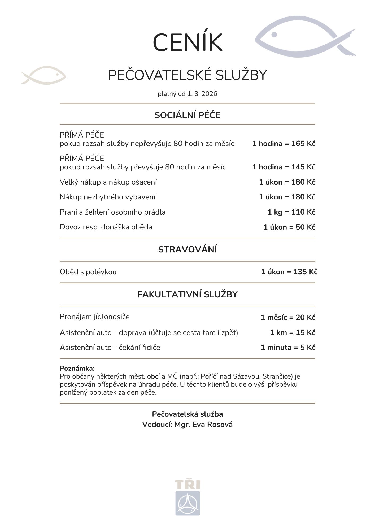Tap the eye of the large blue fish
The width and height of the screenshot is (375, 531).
pyautogui.click(x=274, y=35)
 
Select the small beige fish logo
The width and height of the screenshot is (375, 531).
pyautogui.click(x=43, y=75)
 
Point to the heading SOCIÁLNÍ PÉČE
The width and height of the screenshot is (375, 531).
pyautogui.click(x=187, y=115)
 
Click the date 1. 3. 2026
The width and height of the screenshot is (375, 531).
pyautogui.click(x=202, y=94)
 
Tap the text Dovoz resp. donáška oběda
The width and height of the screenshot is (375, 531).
pyautogui.click(x=106, y=227)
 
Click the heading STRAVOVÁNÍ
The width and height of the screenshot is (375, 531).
pyautogui.click(x=187, y=250)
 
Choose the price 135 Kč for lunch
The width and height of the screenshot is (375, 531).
pyautogui.click(x=305, y=272)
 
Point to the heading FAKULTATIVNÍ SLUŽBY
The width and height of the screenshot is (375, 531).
pyautogui.click(x=187, y=294)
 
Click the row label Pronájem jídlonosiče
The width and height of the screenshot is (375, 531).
pyautogui.click(x=95, y=317)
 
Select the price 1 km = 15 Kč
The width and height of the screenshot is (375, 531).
pyautogui.click(x=293, y=333)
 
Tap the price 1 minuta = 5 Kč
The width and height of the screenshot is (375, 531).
pyautogui.click(x=288, y=348)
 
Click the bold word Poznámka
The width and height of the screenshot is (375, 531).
pyautogui.click(x=77, y=368)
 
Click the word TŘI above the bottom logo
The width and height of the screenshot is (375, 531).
pyautogui.click(x=187, y=485)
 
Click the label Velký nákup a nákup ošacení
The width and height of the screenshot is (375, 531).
pyautogui.click(x=108, y=182)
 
